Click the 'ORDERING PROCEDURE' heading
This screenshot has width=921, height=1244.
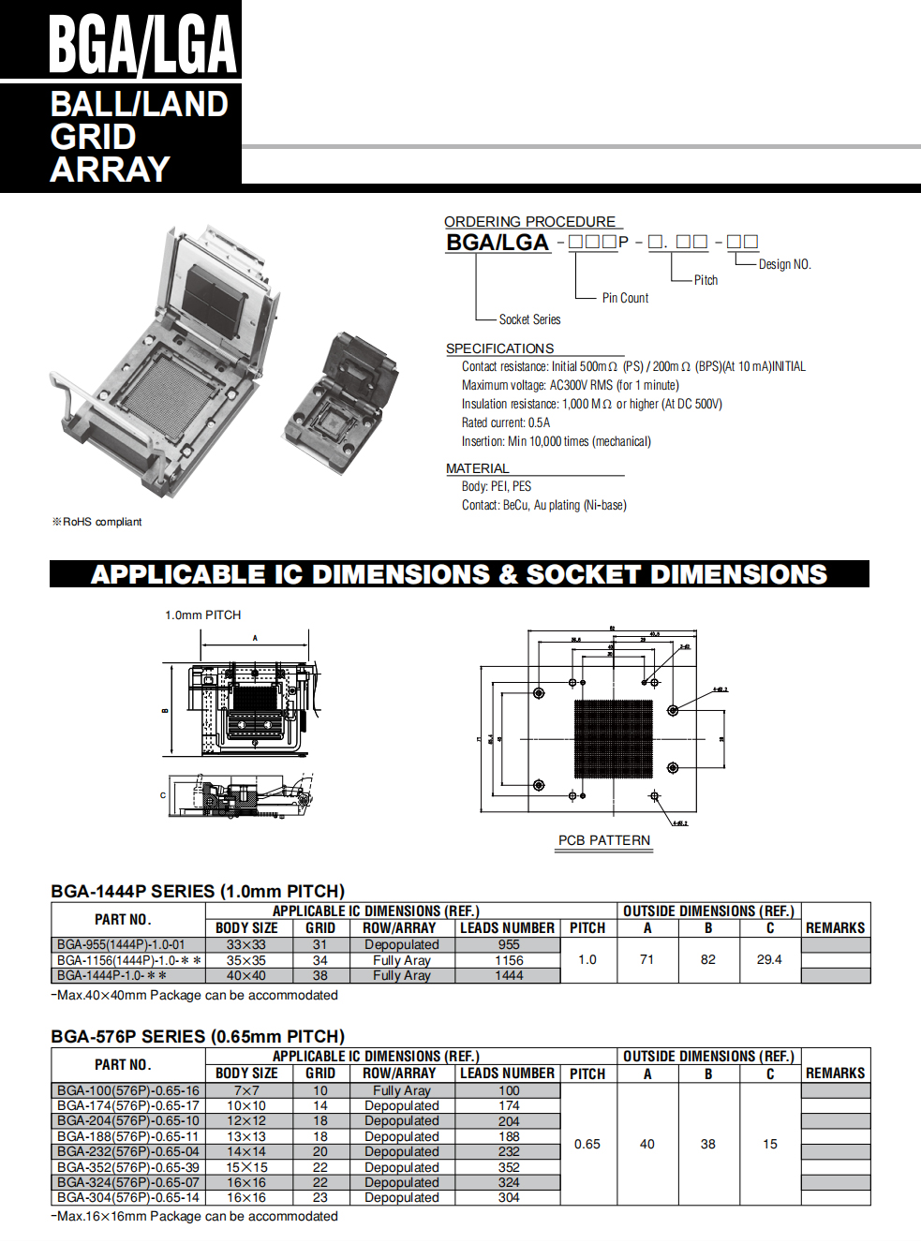point(529,222)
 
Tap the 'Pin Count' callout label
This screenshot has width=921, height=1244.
point(625,298)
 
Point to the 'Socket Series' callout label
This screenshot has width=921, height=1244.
point(529,319)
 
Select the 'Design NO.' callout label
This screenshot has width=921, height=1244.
point(784,264)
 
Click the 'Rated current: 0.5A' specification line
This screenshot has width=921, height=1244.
point(506,422)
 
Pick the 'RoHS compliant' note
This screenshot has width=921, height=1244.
point(97,522)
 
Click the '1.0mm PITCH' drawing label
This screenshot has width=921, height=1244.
point(202,615)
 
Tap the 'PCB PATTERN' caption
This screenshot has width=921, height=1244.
point(604,840)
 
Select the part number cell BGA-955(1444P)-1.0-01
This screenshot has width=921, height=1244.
point(121,944)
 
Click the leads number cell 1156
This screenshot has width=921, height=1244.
point(509,960)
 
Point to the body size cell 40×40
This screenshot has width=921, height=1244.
point(246,975)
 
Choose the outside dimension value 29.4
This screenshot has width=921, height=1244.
point(769,959)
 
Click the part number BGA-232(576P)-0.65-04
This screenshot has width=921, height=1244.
point(128,1151)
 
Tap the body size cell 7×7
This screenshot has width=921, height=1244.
point(246,1090)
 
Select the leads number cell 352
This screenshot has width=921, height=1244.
point(509,1167)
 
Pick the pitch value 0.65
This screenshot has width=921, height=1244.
point(587,1144)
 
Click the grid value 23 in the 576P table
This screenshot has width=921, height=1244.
point(320,1197)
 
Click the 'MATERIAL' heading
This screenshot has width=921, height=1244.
point(478,468)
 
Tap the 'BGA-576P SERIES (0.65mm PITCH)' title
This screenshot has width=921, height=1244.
point(198,1036)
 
